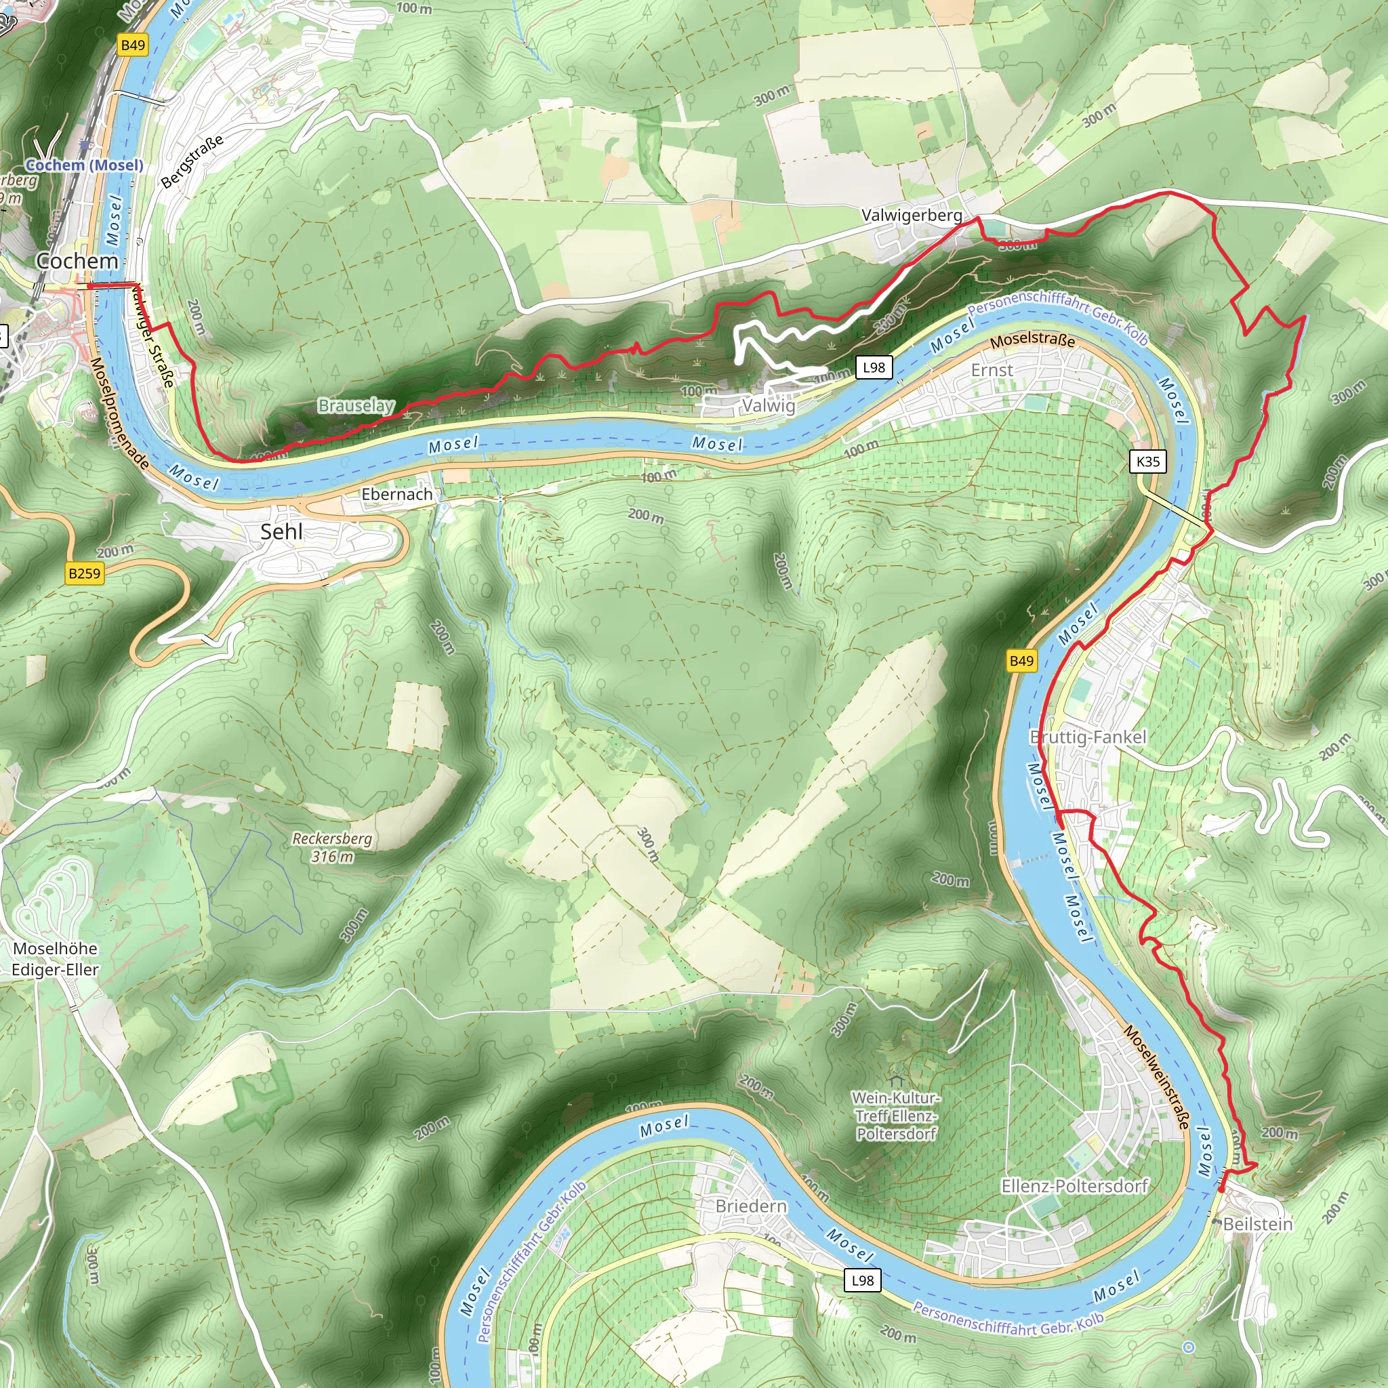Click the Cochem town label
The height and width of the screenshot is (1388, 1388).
[x=77, y=261]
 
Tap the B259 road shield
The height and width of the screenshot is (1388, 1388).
[x=84, y=573]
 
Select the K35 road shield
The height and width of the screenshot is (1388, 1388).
[x=1148, y=462]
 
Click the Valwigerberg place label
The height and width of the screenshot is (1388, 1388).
[x=912, y=215]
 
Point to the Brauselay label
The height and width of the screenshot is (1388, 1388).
[x=356, y=406]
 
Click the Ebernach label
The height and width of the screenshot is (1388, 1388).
[x=396, y=494]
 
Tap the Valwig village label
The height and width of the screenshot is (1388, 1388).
[x=769, y=405]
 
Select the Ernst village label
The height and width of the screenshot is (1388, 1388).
[x=992, y=370]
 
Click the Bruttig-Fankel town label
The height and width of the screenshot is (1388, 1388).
[x=1088, y=737]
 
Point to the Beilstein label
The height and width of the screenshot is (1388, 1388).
[x=1257, y=1223]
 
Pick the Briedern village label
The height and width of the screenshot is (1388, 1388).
[x=751, y=1206]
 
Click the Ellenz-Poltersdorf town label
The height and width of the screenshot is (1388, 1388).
[x=1075, y=1185]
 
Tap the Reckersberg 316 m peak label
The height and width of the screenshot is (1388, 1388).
[x=332, y=847]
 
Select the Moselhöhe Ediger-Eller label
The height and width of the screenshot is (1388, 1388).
[x=56, y=958]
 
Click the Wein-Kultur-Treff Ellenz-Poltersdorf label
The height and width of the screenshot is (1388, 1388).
[x=896, y=1116]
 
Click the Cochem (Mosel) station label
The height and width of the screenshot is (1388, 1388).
[x=84, y=165]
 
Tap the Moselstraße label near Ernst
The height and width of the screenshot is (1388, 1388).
[x=1032, y=340]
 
